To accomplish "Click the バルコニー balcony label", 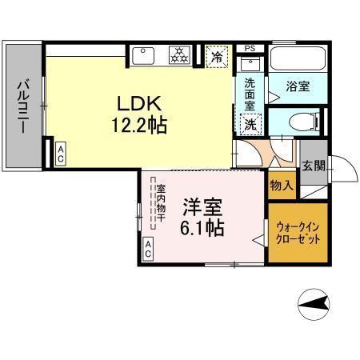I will tap(24, 106).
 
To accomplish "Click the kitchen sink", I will tap(144, 56).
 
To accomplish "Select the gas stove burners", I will tap(179, 56).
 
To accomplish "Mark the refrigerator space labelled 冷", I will tap(215, 57).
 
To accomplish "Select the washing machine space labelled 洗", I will tap(250, 124).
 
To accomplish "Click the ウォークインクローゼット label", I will tap(298, 232).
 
